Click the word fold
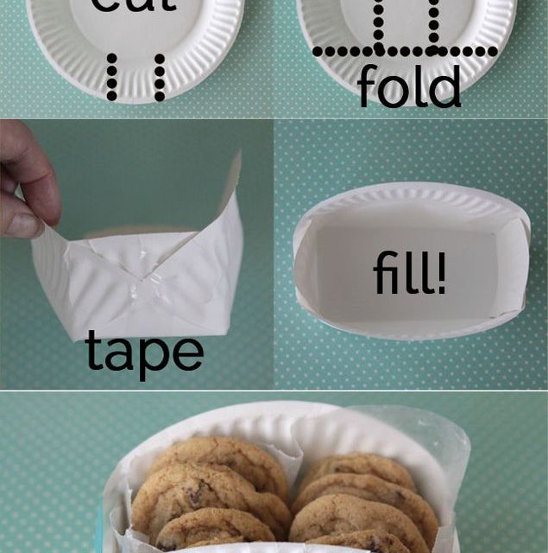408,87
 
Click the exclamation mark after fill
441,275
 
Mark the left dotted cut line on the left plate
112,76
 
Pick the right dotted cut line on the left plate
159,76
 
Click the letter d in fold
445,87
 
